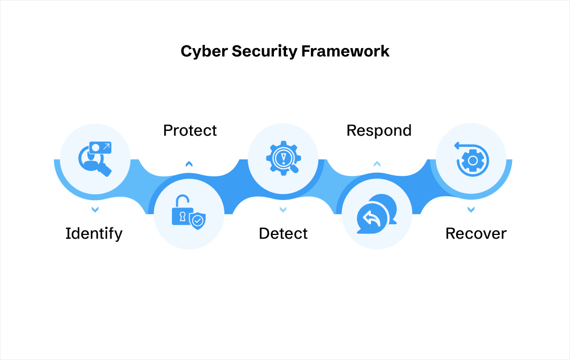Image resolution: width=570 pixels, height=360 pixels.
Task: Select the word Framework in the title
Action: pos(346,51)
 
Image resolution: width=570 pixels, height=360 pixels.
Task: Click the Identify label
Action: pos(94,233)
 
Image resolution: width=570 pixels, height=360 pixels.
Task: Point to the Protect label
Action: pos(190,130)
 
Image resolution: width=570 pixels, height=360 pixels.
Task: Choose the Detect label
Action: pos(283,233)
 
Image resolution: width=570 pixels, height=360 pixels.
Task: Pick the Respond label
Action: pos(379,130)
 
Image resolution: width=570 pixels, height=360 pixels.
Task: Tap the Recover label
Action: pos(476,233)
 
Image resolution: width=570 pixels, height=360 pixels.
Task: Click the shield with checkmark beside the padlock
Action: pos(197,221)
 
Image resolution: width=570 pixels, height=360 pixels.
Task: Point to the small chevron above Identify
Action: pos(95,210)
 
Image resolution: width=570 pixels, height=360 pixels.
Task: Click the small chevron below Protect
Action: pos(189,165)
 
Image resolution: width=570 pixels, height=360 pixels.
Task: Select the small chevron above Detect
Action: pos(283,210)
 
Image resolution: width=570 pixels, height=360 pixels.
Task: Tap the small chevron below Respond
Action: pos(377,165)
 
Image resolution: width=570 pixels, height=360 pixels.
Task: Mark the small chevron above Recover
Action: pos(471,210)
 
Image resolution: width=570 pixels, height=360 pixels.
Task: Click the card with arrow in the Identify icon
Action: pos(100,147)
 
